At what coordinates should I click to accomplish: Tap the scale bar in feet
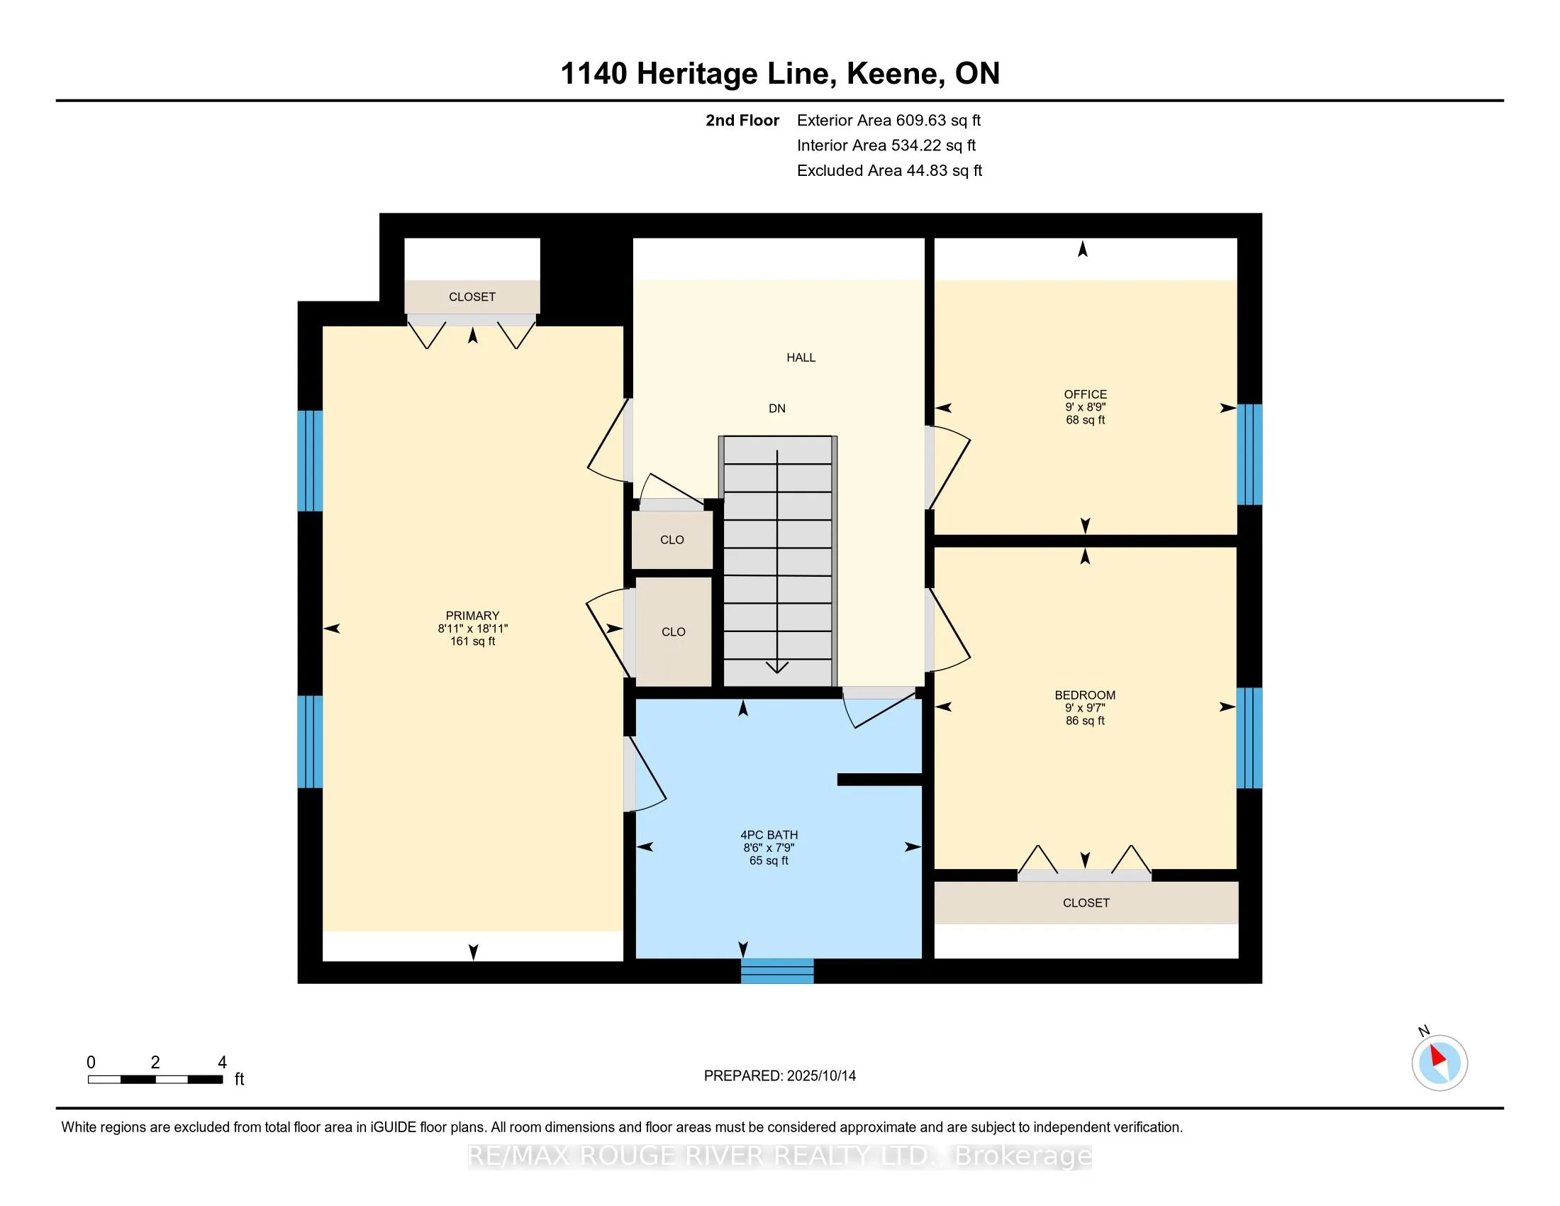pos(155,1079)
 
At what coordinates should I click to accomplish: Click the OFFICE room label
pos(1085,394)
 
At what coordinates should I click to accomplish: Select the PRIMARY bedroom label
pos(472,616)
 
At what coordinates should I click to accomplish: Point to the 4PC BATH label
pos(769,834)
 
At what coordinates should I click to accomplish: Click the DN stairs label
pos(777,409)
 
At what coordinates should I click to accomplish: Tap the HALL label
pos(801,358)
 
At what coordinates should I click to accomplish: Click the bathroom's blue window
pos(777,971)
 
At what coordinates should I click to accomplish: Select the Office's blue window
pos(1249,455)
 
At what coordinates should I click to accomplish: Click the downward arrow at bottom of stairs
pos(777,668)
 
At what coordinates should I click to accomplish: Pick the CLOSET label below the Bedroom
pos(1086,903)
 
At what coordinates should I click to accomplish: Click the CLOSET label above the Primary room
pos(472,297)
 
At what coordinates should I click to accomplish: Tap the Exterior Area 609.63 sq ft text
pos(888,121)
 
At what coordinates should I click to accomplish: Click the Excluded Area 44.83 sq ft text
pos(889,171)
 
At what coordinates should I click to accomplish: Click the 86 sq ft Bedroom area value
pos(1085,721)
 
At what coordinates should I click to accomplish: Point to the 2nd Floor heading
pos(742,121)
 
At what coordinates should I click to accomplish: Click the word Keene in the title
pos(891,74)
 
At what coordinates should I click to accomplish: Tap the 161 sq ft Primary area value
pos(472,641)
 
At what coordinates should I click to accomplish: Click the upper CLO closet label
pos(672,540)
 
